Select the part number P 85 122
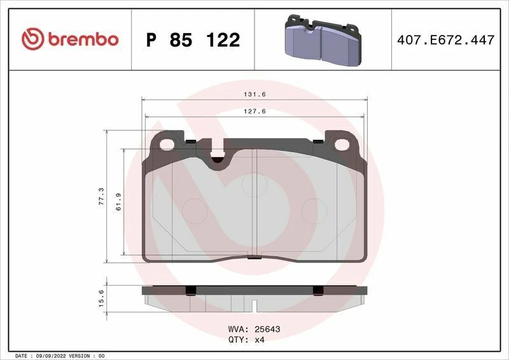tap(193, 40)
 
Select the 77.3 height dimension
tap(100, 195)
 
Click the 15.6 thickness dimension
tap(100, 296)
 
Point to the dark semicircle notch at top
tap(218, 160)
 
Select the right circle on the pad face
tap(312, 209)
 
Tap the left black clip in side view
tap(189, 291)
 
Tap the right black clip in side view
tap(317, 291)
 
